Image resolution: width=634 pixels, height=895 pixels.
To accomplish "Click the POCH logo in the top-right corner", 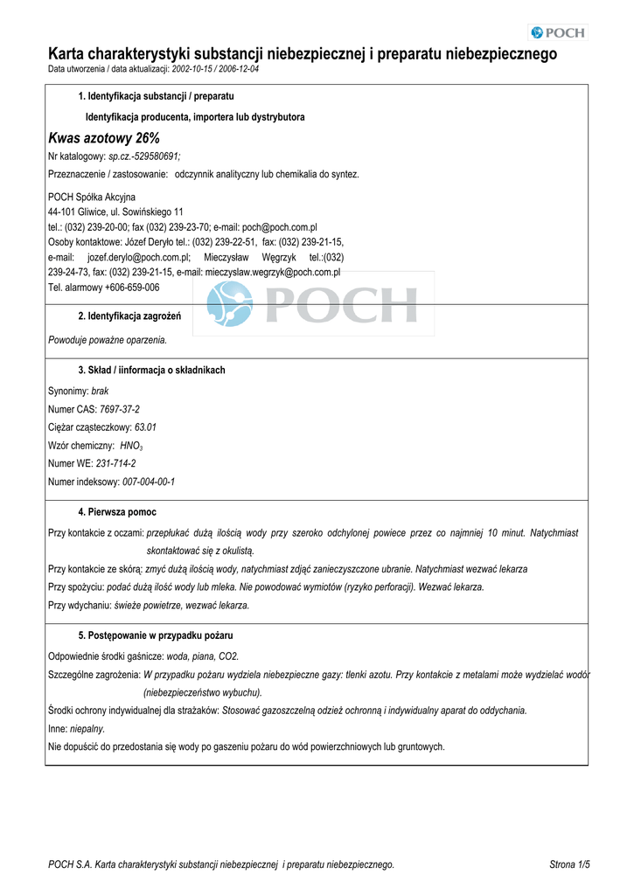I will tap(559, 33).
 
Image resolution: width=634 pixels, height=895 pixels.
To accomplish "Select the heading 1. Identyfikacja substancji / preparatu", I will tap(156, 96).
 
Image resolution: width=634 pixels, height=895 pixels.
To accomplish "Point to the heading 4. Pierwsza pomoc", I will tap(117, 511).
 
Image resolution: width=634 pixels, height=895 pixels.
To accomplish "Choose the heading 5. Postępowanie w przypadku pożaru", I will tap(156, 635).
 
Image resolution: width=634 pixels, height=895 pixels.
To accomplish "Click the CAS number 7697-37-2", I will tap(120, 409).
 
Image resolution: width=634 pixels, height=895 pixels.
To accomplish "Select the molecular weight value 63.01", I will tap(145, 427).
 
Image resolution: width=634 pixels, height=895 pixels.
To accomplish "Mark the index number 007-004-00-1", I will tap(149, 482).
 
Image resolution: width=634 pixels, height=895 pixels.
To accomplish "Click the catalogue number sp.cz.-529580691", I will tap(144, 156).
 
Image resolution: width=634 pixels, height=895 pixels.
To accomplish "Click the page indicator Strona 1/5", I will tap(569, 864).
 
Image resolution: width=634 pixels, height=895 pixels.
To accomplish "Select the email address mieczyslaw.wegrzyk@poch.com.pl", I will tap(273, 272).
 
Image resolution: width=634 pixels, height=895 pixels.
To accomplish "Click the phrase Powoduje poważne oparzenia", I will tap(107, 339).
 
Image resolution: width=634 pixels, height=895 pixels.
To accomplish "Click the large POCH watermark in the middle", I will tap(312, 303).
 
